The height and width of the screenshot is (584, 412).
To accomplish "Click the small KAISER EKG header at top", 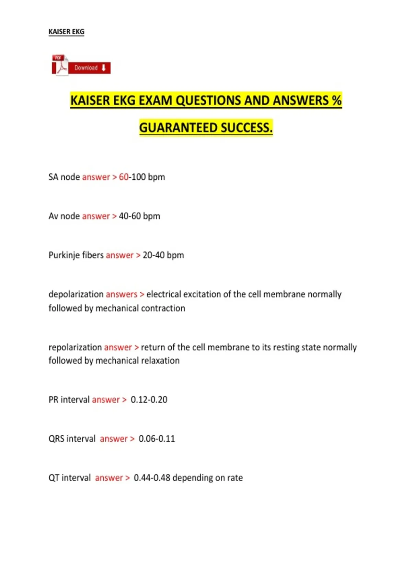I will pyautogui.click(x=66, y=32).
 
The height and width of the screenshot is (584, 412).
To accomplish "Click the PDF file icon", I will pyautogui.click(x=60, y=65).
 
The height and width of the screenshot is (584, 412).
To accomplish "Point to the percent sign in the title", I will pyautogui.click(x=337, y=100).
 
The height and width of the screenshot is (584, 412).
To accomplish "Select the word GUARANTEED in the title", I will pyautogui.click(x=178, y=128).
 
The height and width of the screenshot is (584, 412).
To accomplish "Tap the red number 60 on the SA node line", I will pyautogui.click(x=124, y=177).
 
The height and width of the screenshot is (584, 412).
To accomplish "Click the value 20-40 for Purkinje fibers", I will pyautogui.click(x=153, y=255).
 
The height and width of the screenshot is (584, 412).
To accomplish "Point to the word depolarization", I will pyautogui.click(x=76, y=294).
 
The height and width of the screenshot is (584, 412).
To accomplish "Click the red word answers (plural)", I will pyautogui.click(x=122, y=294).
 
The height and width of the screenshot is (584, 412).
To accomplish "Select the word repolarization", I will pyautogui.click(x=75, y=347).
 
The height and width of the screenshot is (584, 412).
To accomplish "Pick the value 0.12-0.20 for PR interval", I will pyautogui.click(x=149, y=400).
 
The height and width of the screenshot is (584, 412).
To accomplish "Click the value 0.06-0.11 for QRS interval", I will pyautogui.click(x=157, y=439).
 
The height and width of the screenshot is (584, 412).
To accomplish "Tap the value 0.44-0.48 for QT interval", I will pyautogui.click(x=152, y=478).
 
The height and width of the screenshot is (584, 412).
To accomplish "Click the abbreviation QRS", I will pyautogui.click(x=56, y=439).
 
